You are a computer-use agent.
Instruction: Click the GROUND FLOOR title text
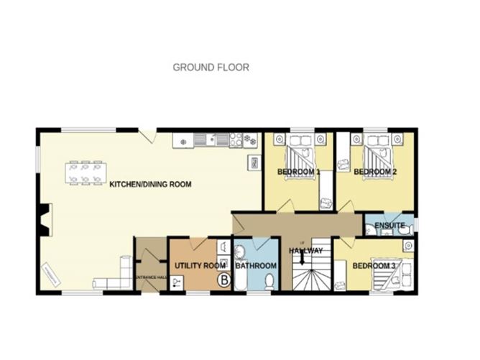click(211, 68)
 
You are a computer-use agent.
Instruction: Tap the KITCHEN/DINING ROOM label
click(150, 185)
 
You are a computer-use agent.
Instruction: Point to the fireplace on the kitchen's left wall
click(45, 219)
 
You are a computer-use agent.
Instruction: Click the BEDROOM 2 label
click(375, 172)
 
